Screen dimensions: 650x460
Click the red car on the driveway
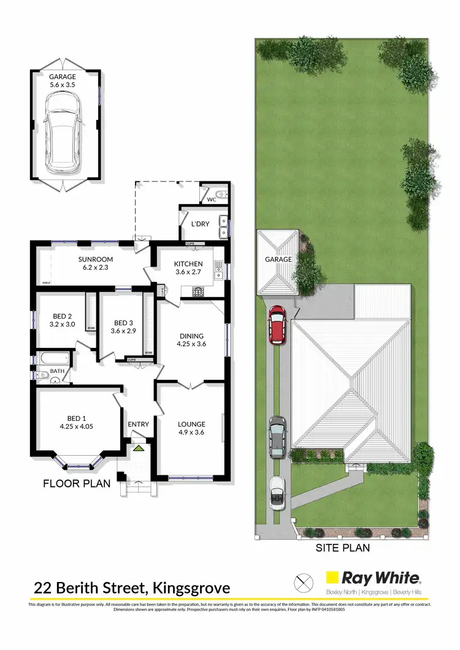pyautogui.click(x=277, y=324)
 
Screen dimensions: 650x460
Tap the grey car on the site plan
pyautogui.click(x=277, y=436)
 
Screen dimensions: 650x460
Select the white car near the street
pyautogui.click(x=277, y=492)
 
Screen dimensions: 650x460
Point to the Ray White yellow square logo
pyautogui.click(x=332, y=577)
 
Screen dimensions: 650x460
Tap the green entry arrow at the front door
pyautogui.click(x=139, y=449)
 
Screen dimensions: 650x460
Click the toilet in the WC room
pyautogui.click(x=223, y=195)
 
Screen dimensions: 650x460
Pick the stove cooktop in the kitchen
pyautogui.click(x=199, y=292)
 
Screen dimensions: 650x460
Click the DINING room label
pyautogui.click(x=191, y=336)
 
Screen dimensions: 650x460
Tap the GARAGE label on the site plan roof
pyautogui.click(x=278, y=260)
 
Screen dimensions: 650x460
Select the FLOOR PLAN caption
pyautogui.click(x=77, y=483)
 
